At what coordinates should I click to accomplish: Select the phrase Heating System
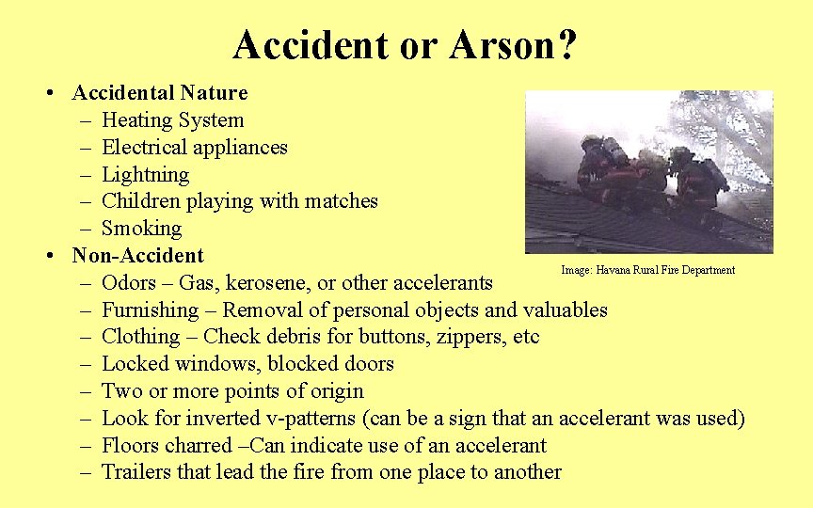click(x=172, y=120)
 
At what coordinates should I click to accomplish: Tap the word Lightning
click(x=145, y=175)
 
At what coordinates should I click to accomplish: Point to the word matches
click(x=344, y=201)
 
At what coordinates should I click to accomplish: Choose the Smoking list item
click(x=141, y=229)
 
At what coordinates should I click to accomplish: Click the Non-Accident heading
click(x=137, y=256)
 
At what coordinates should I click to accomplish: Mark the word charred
click(x=198, y=445)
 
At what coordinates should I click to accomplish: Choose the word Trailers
click(x=137, y=472)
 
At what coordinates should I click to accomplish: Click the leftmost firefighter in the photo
click(x=597, y=169)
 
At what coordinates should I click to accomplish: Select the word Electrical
click(x=142, y=148)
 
